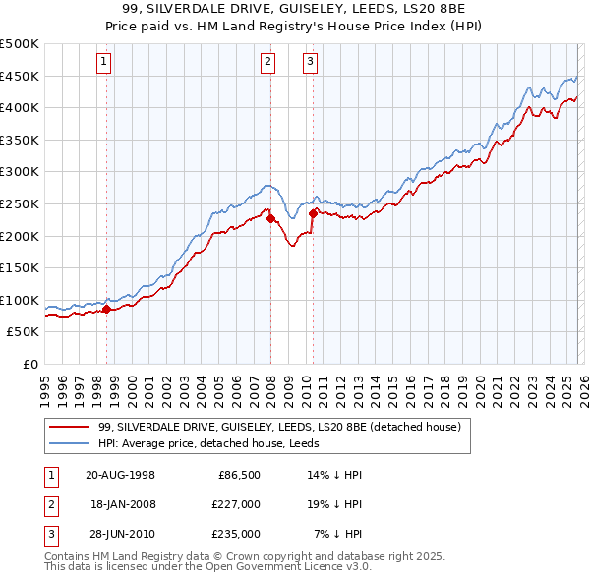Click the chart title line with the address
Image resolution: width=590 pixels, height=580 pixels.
295,8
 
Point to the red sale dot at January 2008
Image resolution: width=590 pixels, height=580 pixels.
270,218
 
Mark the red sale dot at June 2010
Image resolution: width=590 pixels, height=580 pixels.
313,212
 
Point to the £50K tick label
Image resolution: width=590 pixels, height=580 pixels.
24,332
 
